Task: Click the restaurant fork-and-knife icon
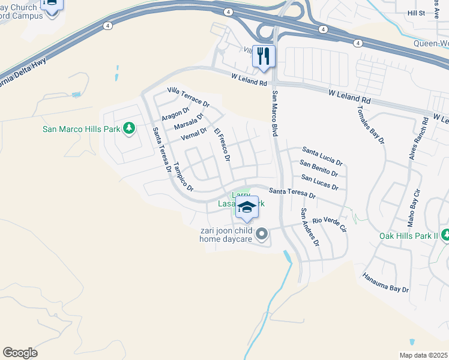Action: pyautogui.click(x=264, y=56)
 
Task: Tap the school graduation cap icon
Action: pyautogui.click(x=247, y=208)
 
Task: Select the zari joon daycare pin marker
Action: pyautogui.click(x=261, y=233)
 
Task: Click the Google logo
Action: pyautogui.click(x=20, y=353)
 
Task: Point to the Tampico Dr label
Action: pyautogui.click(x=183, y=177)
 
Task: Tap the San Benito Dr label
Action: pyautogui.click(x=319, y=169)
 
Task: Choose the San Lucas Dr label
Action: pyautogui.click(x=319, y=182)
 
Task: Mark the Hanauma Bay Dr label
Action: pyautogui.click(x=385, y=283)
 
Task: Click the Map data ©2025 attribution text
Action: pyautogui.click(x=424, y=355)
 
